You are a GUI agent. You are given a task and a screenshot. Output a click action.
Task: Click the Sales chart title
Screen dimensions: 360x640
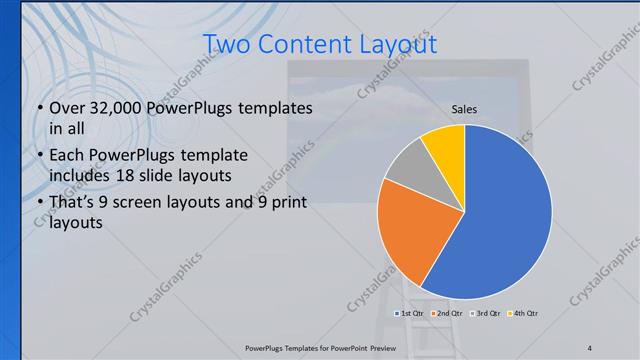point(464,109)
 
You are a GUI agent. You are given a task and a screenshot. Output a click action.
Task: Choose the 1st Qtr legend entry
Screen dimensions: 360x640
point(409,314)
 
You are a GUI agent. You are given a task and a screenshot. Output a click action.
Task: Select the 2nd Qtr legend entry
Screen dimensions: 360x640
point(449,314)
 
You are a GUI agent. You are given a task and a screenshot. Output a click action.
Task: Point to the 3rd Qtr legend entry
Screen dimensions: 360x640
point(487,314)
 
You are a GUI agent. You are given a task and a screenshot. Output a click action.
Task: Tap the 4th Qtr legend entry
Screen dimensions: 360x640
point(525,314)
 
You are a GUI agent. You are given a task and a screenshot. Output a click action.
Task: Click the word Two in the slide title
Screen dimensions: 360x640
point(228,45)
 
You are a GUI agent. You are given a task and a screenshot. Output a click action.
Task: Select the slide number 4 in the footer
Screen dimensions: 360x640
point(589,347)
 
